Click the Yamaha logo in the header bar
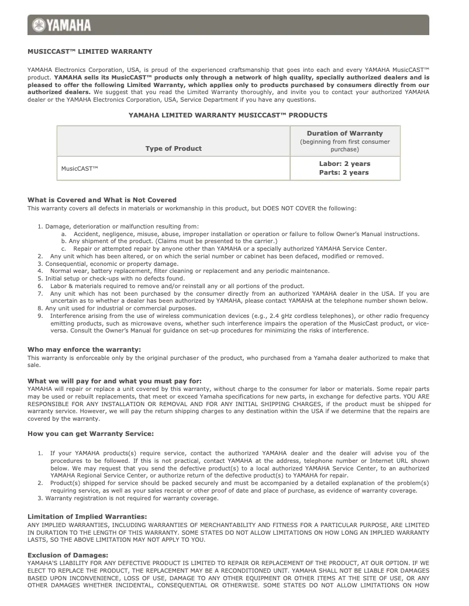click(x=62, y=25)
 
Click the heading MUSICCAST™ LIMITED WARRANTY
click(x=89, y=51)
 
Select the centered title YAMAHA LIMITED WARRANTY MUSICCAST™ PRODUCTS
click(x=227, y=115)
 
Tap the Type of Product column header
click(x=173, y=148)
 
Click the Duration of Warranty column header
click(x=344, y=133)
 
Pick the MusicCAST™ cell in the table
click(x=80, y=168)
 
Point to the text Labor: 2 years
click(x=344, y=164)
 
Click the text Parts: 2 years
click(x=344, y=172)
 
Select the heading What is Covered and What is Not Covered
click(x=102, y=200)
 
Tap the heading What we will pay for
click(x=114, y=381)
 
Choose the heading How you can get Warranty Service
click(x=91, y=433)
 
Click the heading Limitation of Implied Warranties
click(x=87, y=517)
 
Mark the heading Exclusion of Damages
click(x=68, y=555)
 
